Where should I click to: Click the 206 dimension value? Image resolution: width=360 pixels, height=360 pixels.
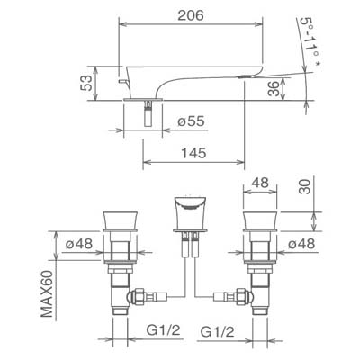coord(191,15)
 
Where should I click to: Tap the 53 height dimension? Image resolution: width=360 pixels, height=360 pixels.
coord(86,83)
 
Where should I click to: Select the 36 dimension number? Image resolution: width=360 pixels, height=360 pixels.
coord(274,88)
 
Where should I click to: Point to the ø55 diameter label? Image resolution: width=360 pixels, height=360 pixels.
coord(191,121)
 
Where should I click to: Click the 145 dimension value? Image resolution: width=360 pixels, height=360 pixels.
coord(193,153)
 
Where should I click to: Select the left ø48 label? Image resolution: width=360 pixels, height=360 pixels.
coord(79,244)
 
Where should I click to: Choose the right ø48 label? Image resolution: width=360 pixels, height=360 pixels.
coord(301,244)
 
